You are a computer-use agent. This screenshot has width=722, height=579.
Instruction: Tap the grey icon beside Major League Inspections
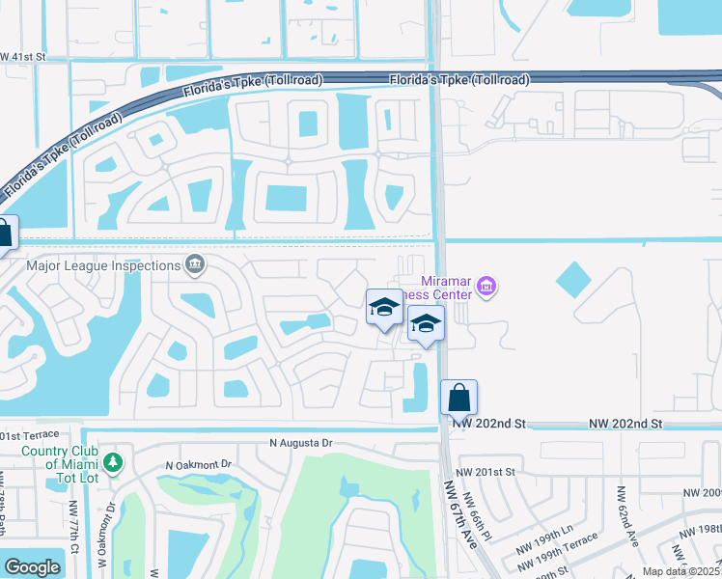pyautogui.click(x=195, y=264)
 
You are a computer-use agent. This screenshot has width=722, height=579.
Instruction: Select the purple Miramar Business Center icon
pyautogui.click(x=486, y=287)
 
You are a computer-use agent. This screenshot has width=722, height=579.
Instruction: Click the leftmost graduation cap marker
pyautogui.click(x=384, y=309)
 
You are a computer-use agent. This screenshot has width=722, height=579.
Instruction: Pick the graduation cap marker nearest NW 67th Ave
pyautogui.click(x=426, y=324)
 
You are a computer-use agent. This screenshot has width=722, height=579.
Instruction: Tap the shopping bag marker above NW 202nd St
pyautogui.click(x=459, y=397)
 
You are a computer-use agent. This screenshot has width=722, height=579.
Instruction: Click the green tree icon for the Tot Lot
pyautogui.click(x=114, y=463)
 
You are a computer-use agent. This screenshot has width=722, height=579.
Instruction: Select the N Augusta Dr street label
pyautogui.click(x=300, y=443)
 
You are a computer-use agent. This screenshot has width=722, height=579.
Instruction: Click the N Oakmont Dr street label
pyautogui.click(x=199, y=464)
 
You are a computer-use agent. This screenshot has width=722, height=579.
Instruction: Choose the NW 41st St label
pyautogui.click(x=23, y=58)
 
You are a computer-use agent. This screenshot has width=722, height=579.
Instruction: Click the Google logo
pyautogui.click(x=32, y=566)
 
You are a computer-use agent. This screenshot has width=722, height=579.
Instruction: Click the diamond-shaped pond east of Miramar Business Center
pyautogui.click(x=573, y=280)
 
